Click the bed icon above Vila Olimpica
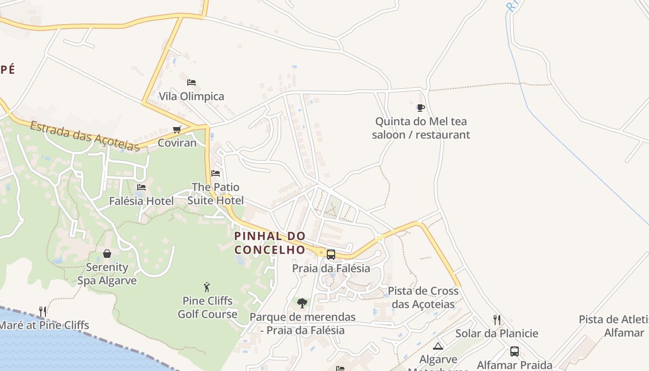(191, 83)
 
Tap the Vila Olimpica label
(191, 96)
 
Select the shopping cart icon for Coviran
(177, 129)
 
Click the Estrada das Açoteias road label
(85, 136)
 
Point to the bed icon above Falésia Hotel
(141, 187)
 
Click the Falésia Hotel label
(141, 201)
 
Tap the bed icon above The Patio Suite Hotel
(216, 173)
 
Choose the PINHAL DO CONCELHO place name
(270, 243)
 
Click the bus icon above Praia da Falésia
(331, 255)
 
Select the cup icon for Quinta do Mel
(420, 108)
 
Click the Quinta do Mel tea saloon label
(421, 128)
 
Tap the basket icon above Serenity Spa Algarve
(107, 254)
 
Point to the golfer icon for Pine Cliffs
(207, 287)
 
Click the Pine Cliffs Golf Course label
(208, 307)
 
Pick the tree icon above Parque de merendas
(302, 303)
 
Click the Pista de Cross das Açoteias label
(423, 297)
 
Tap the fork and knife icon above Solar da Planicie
(497, 320)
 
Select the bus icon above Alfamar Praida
(515, 352)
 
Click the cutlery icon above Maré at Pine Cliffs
(43, 311)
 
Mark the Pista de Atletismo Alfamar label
(614, 326)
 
